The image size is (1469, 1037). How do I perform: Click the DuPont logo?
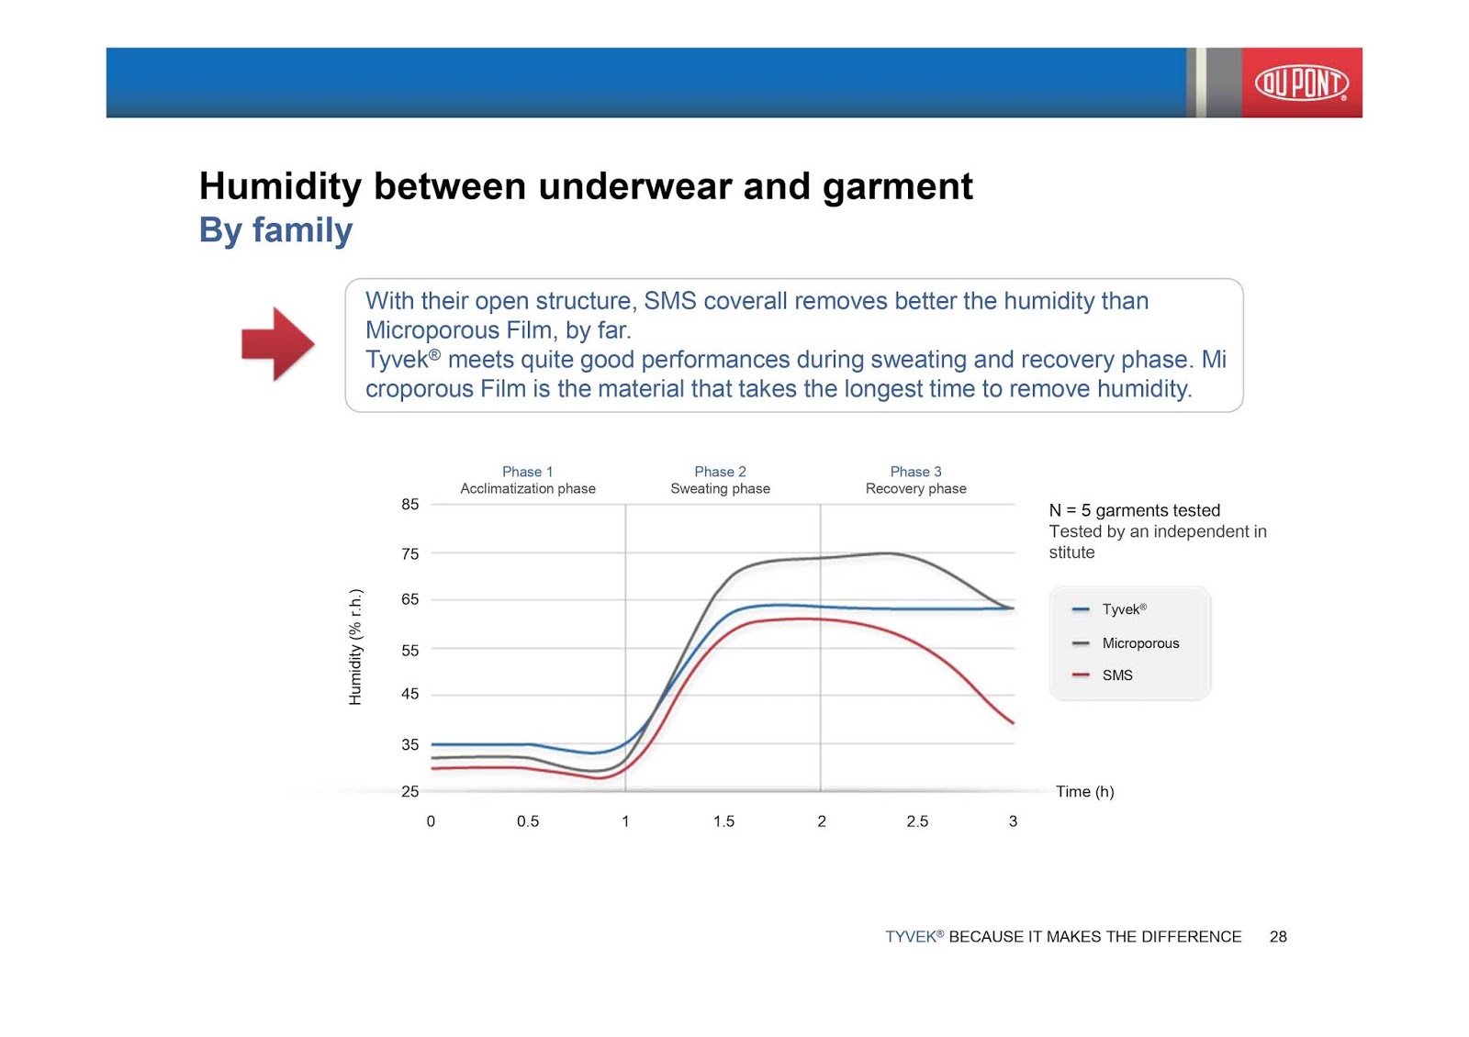(x=1302, y=84)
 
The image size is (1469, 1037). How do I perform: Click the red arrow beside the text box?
(x=278, y=344)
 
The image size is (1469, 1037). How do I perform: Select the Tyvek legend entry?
(x=1109, y=609)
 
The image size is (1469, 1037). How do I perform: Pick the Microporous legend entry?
(x=1126, y=643)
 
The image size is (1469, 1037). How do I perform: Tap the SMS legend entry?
(x=1103, y=675)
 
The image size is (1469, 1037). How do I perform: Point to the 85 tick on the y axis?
(x=409, y=505)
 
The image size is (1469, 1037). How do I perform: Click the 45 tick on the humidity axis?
(x=409, y=694)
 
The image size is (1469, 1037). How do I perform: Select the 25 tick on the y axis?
(x=409, y=792)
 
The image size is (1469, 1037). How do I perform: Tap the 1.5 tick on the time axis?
(x=723, y=822)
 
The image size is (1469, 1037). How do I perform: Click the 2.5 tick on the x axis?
(x=917, y=822)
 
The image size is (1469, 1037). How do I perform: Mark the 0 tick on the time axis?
(x=431, y=822)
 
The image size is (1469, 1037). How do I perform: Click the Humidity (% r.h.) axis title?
(x=354, y=647)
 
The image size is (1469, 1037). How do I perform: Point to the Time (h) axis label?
(x=1084, y=792)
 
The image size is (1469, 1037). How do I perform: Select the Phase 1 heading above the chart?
(x=527, y=472)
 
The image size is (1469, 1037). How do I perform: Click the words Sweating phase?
(x=720, y=489)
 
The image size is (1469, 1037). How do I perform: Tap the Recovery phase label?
(x=915, y=489)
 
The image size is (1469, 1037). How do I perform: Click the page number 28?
(x=1278, y=937)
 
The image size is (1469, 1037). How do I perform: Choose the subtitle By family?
(x=276, y=230)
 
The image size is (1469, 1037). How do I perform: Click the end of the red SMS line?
(x=1014, y=723)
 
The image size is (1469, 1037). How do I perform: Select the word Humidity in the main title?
(x=280, y=187)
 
